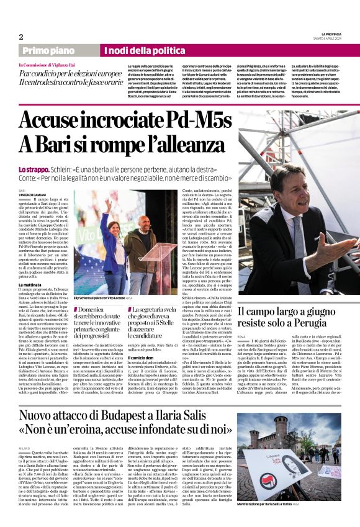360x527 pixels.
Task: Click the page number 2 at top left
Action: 20,37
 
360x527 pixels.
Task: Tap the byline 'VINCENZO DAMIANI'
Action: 34,195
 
